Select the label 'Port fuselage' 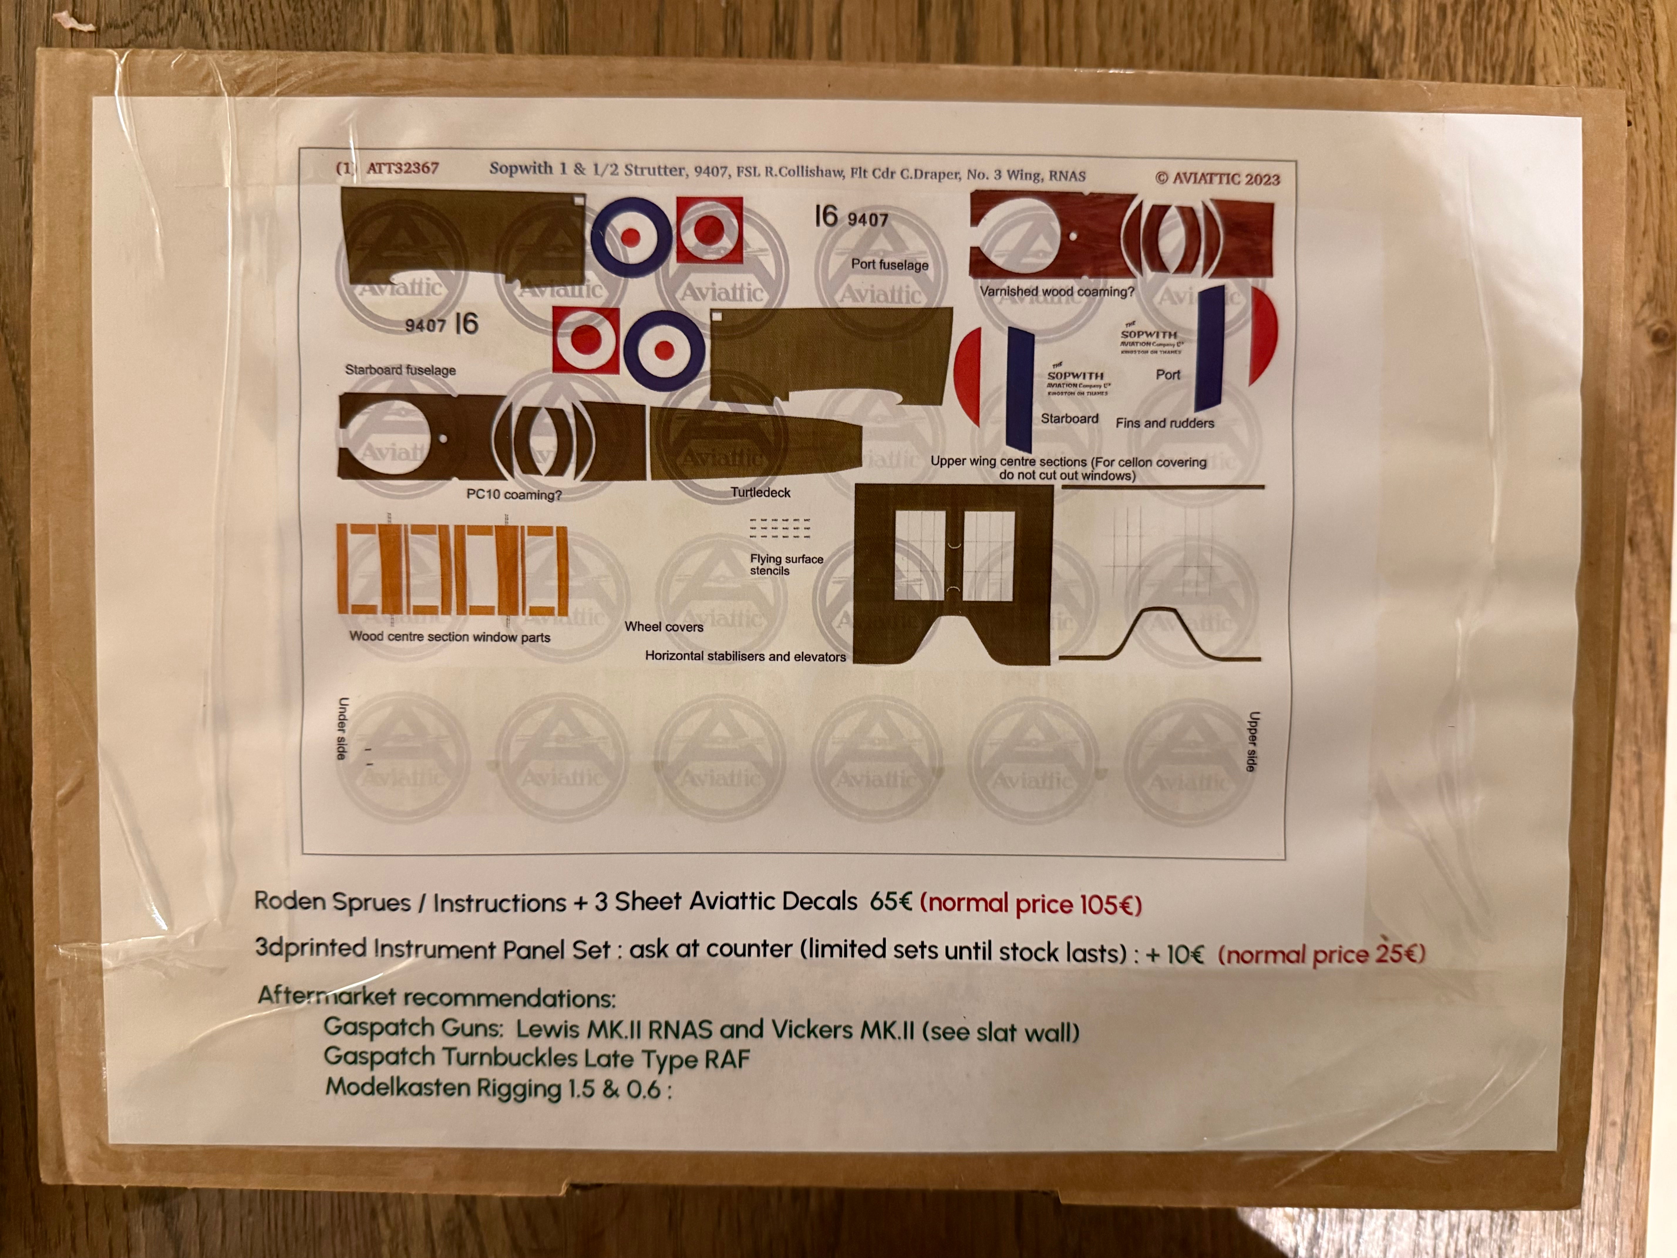(x=889, y=265)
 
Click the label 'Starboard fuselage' (x=400, y=370)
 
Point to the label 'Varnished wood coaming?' (x=1057, y=291)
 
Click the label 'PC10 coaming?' (x=514, y=495)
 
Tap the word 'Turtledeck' (x=760, y=492)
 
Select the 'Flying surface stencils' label (x=786, y=564)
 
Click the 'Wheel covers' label (x=663, y=626)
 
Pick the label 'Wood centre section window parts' (x=449, y=637)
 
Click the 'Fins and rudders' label (x=1164, y=423)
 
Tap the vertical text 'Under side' (x=343, y=728)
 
